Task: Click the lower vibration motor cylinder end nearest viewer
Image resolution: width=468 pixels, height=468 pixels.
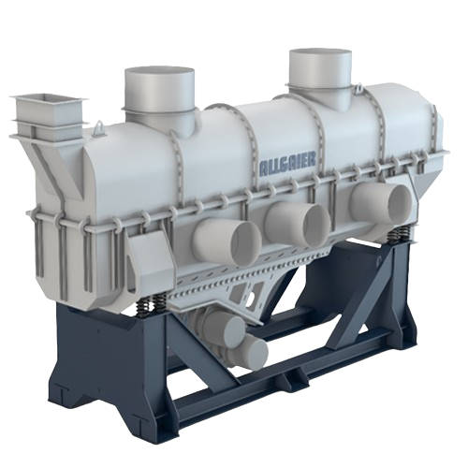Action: pyautogui.click(x=250, y=352)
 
